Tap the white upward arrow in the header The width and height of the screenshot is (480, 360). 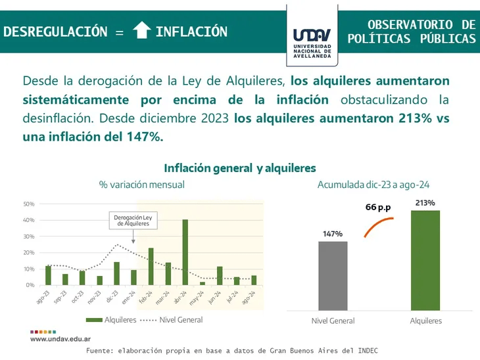[142, 32]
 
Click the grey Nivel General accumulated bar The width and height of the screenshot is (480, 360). [333, 275]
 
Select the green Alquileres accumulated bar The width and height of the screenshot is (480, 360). [425, 259]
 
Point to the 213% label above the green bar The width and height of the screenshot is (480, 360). [425, 203]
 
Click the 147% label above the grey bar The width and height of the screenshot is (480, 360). [333, 234]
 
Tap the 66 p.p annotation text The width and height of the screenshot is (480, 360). [378, 208]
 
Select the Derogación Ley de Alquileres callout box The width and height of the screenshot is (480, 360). [133, 220]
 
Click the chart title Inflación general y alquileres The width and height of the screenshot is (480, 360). [240, 168]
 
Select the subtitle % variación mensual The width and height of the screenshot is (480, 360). [141, 185]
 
